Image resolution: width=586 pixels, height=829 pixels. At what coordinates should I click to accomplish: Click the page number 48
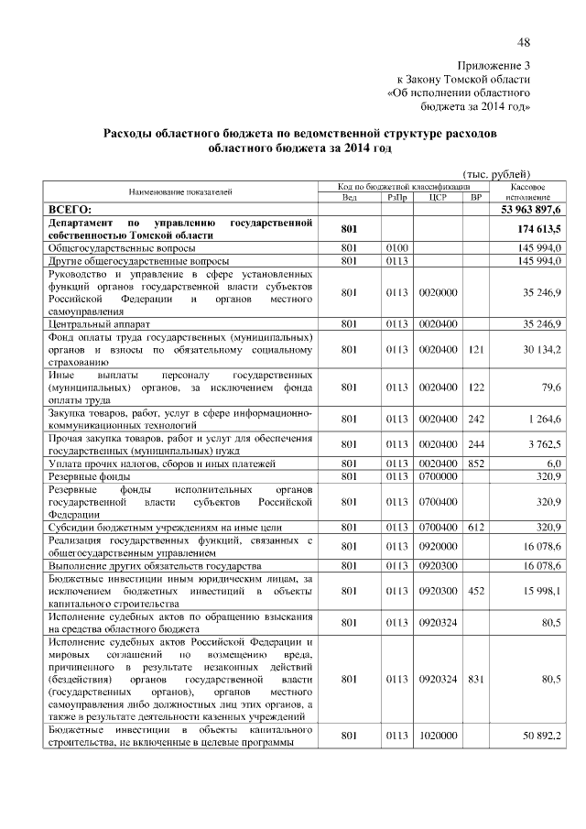tap(524, 42)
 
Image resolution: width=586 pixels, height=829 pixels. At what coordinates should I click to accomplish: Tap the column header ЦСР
tap(436, 197)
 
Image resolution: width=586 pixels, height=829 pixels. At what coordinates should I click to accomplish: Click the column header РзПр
tap(396, 197)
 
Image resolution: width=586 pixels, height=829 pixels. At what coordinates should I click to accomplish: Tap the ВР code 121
tap(474, 349)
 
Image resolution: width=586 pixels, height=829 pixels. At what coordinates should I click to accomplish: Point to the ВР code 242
tap(474, 420)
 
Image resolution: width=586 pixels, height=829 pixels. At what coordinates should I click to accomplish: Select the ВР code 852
tap(474, 464)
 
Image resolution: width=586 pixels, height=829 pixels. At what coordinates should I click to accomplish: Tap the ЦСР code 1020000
tap(436, 735)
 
